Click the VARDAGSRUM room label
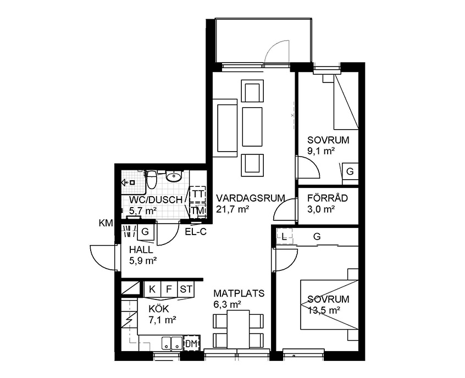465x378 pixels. [x=250, y=198]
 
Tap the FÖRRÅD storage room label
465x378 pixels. [x=327, y=198]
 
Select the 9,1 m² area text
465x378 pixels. [x=321, y=151]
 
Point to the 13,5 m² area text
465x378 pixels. [x=324, y=310]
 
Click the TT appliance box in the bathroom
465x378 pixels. [x=198, y=194]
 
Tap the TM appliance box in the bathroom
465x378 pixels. [x=198, y=210]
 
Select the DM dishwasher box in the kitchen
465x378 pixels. [x=192, y=343]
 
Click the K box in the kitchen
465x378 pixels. [x=152, y=289]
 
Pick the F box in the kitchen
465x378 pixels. [x=169, y=289]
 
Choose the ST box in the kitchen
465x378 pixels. [x=186, y=289]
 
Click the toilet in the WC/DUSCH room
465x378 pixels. [x=152, y=179]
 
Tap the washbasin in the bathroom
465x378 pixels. [x=174, y=177]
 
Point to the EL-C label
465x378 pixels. [x=196, y=231]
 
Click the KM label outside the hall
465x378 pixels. [x=106, y=223]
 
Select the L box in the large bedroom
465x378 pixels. [x=284, y=236]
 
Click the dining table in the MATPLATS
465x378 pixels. [x=238, y=329]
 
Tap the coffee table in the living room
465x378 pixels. [x=252, y=127]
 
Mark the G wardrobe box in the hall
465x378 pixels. [x=145, y=231]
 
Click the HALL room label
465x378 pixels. [x=141, y=249]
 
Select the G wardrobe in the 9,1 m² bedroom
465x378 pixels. [x=350, y=171]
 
